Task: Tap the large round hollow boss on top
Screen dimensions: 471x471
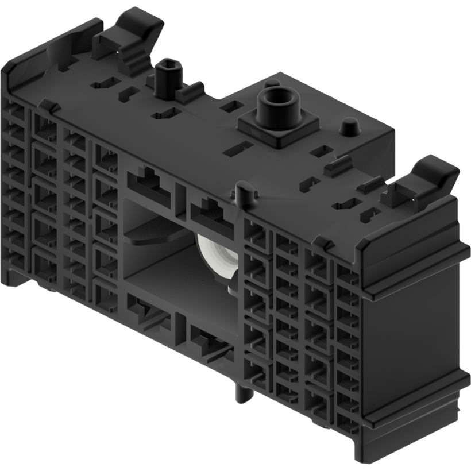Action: (x=277, y=103)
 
